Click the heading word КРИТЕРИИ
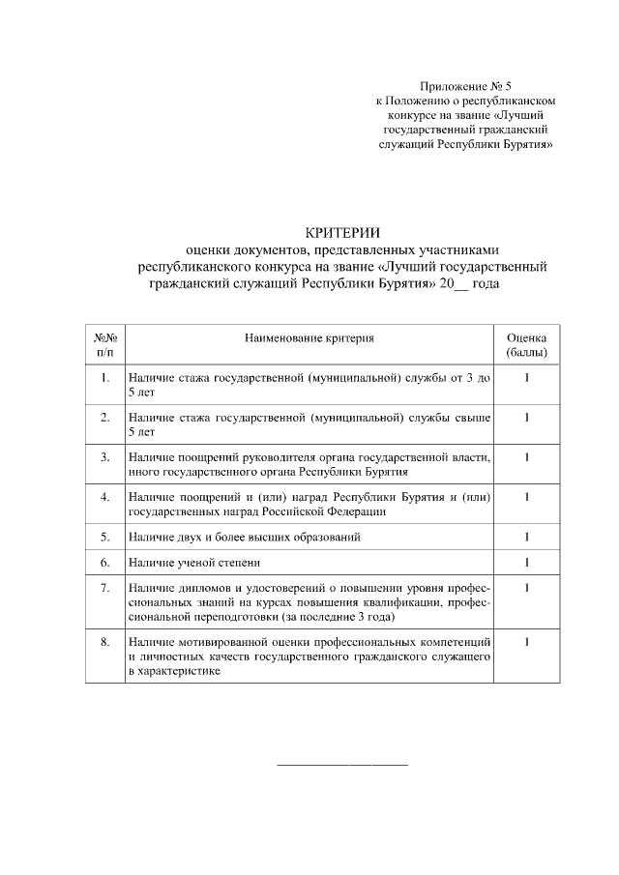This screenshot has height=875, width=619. pos(343,232)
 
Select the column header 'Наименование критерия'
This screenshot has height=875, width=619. pos(309,338)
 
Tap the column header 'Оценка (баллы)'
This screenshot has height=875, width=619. pos(526,345)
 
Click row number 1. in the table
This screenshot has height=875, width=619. pos(104,379)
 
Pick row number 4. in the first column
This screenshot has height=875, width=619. pos(104,497)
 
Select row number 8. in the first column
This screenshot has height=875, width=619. pos(104,642)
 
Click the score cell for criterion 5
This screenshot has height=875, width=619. pos(526,537)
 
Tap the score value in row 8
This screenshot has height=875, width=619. pos(526,642)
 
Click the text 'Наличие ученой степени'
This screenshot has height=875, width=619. pos(194,562)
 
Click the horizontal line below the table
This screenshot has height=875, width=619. pos(342,765)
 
